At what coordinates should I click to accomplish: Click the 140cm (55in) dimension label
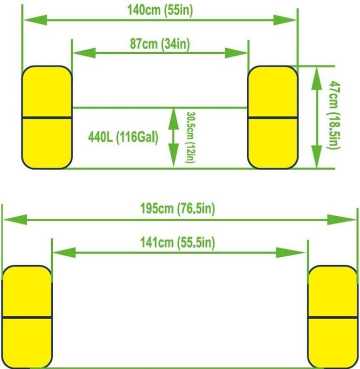tap(160, 10)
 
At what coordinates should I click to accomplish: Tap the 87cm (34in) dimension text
tap(160, 44)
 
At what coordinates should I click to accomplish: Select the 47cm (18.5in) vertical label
tap(334, 115)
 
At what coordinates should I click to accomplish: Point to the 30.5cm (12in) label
tap(190, 137)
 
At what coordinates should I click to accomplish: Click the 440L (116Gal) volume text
tap(123, 137)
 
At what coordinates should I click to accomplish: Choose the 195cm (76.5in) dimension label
tap(178, 209)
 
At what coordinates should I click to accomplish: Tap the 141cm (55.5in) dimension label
tap(178, 242)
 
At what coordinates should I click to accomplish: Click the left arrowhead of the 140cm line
tap(35, 20)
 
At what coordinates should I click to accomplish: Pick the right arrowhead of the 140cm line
tap(285, 20)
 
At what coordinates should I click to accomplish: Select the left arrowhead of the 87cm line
tap(84, 53)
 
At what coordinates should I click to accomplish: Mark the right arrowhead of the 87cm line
tap(236, 53)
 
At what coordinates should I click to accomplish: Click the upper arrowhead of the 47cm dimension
tap(316, 78)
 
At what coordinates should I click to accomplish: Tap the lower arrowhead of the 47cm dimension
tap(316, 156)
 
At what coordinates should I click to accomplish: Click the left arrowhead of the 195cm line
tap(15, 219)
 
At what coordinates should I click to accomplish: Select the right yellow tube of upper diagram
tap(273, 117)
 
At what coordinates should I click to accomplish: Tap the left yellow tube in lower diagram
tap(27, 317)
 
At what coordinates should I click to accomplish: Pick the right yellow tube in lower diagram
tap(333, 317)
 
